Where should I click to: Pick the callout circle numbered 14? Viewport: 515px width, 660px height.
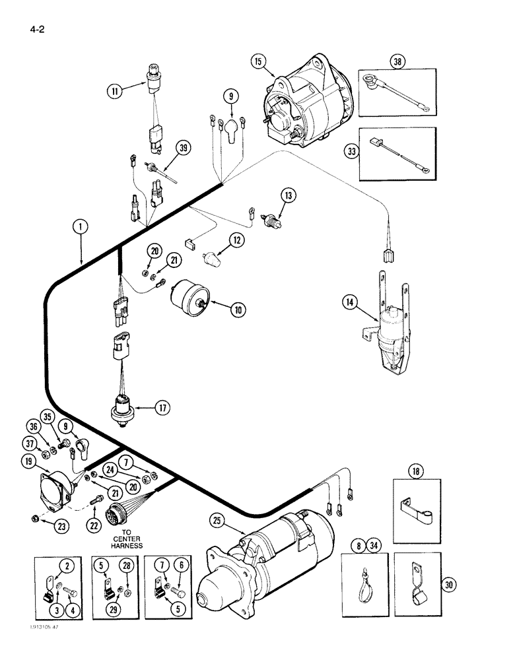tap(350, 303)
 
